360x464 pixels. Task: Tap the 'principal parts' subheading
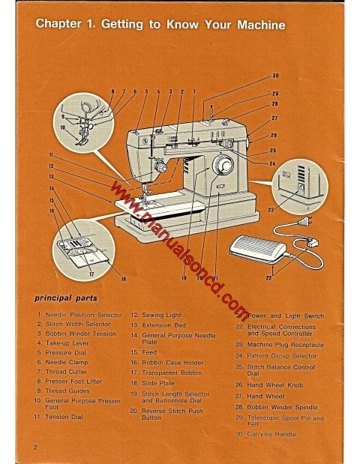(x=67, y=298)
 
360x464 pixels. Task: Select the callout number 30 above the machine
(x=274, y=76)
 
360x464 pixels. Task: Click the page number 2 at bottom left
(x=35, y=447)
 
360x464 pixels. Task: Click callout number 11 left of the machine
(x=49, y=153)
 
